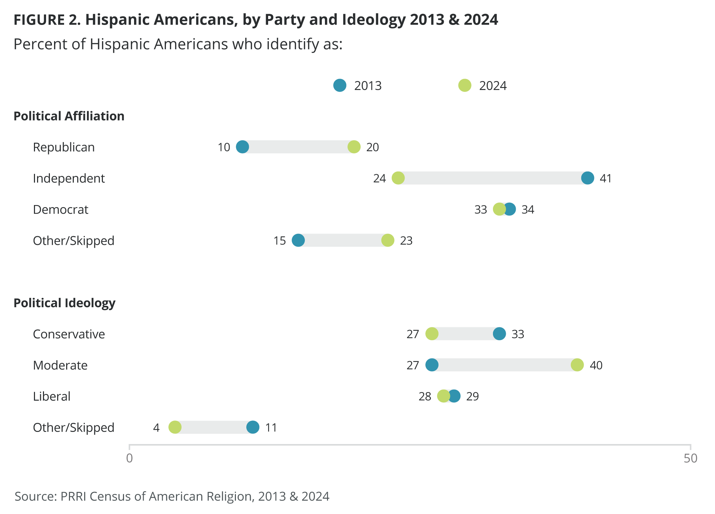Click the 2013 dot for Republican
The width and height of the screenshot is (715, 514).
(242, 147)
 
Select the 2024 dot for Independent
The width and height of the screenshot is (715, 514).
(398, 178)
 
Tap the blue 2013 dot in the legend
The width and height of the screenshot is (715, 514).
(340, 85)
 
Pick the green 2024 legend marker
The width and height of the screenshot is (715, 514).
(465, 85)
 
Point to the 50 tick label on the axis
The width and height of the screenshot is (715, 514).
(690, 458)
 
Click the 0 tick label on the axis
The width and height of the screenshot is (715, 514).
(130, 458)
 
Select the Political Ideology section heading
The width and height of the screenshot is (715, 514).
(64, 303)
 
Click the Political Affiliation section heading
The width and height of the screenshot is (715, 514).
(69, 116)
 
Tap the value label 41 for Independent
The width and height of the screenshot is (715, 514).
(606, 178)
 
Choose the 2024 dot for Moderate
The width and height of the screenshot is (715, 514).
(577, 365)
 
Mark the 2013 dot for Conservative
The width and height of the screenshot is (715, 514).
(499, 334)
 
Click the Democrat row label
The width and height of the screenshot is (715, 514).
(61, 210)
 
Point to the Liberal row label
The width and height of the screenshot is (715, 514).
(52, 396)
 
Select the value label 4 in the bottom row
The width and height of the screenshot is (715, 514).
(156, 428)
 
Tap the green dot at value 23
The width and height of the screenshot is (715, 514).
(388, 240)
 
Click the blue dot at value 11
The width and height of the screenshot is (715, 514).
(253, 427)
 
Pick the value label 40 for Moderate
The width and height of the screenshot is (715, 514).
(596, 365)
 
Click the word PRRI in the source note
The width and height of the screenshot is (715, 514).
(73, 496)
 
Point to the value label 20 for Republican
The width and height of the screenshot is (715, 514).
(372, 147)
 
